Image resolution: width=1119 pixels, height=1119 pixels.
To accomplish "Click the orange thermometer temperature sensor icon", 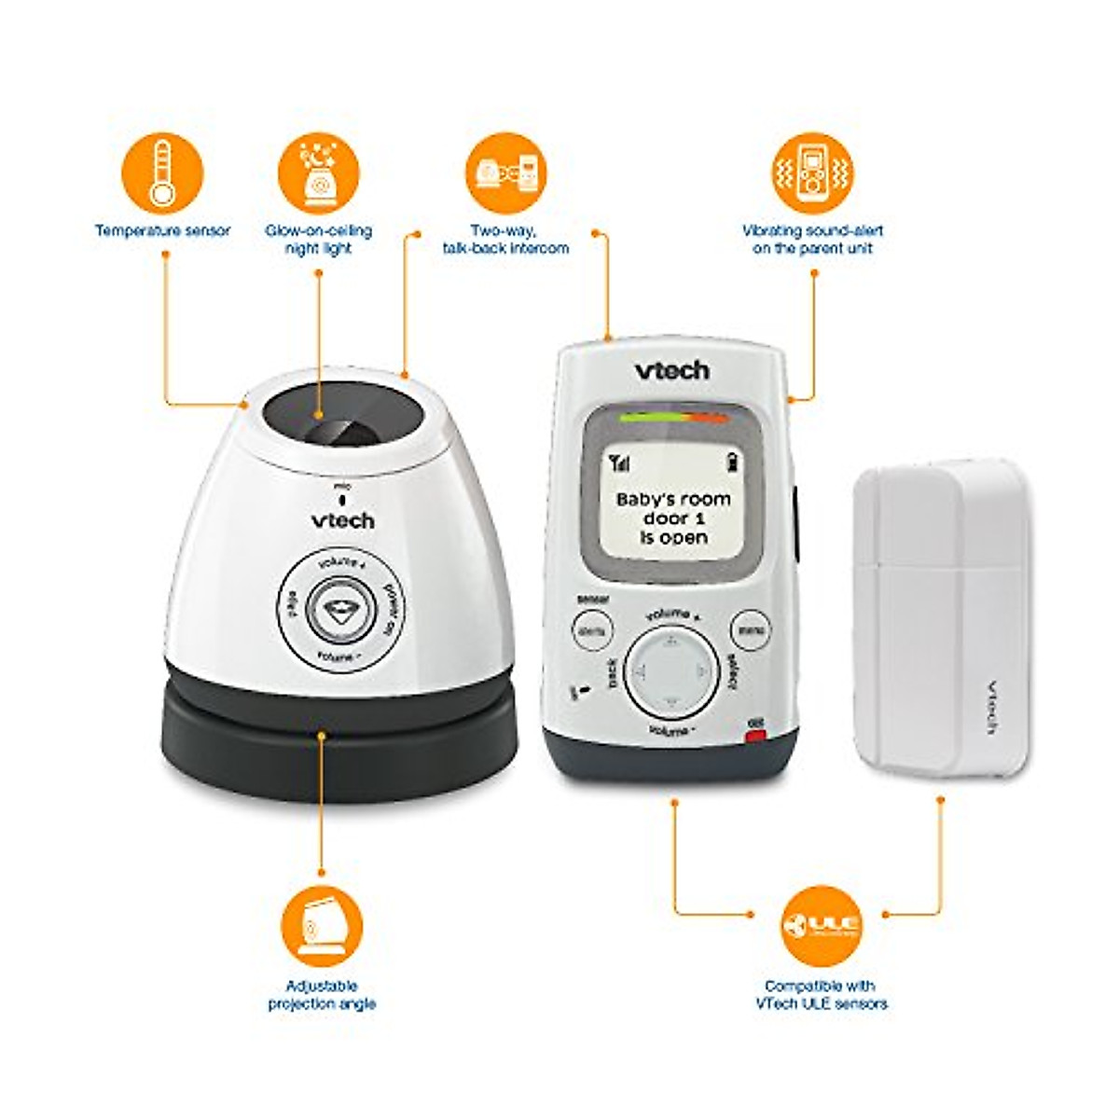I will pyautogui.click(x=162, y=173).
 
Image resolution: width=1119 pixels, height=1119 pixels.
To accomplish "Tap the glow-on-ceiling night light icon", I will pyautogui.click(x=319, y=173).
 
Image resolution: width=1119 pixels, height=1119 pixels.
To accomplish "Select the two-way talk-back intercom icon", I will pyautogui.click(x=505, y=173).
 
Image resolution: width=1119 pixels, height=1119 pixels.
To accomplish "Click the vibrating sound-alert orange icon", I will pyautogui.click(x=812, y=173).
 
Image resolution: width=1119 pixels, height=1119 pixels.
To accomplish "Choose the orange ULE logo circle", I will pyautogui.click(x=821, y=924).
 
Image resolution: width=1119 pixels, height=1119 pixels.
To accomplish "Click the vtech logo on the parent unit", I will pyautogui.click(x=672, y=370).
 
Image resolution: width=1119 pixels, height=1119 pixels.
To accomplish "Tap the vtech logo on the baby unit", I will pyautogui.click(x=342, y=519).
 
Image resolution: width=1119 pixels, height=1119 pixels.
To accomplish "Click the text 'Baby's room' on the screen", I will pyautogui.click(x=673, y=499).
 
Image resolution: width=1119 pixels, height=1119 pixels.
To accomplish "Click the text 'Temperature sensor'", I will pyautogui.click(x=162, y=230).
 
